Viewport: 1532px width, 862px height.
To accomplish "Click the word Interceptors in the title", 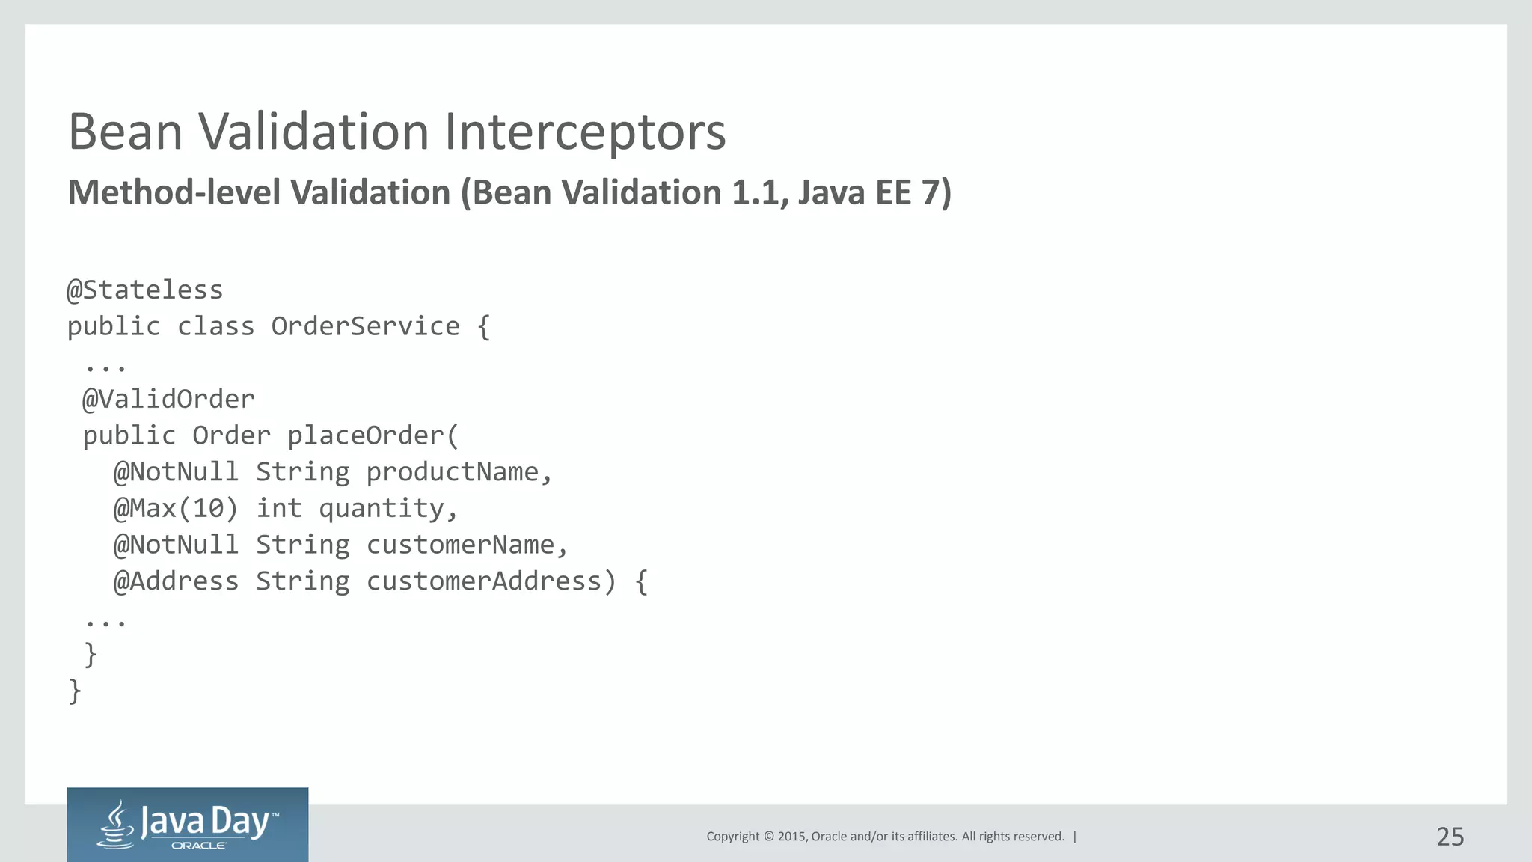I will [x=585, y=132].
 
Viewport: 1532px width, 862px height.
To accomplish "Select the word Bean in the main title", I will [x=125, y=132].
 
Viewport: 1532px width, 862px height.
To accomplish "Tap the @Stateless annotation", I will [x=145, y=290].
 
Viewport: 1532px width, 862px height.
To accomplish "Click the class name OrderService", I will [x=365, y=327].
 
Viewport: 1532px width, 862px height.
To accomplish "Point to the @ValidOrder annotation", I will [x=168, y=400].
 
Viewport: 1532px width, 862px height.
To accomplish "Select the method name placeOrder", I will [x=366, y=436].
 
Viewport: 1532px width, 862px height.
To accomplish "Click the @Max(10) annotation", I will [x=176, y=509].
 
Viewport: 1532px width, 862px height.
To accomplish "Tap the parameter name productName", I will [x=452, y=472].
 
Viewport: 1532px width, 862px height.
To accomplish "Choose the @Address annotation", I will [x=176, y=581].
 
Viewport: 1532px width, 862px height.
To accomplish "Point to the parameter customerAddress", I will [x=483, y=581].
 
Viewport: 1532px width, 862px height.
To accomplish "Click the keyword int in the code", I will [x=279, y=509].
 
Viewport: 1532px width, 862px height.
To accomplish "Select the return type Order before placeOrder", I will [x=231, y=436].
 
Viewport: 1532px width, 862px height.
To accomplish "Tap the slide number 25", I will [x=1450, y=837].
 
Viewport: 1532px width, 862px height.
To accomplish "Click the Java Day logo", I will [x=188, y=825].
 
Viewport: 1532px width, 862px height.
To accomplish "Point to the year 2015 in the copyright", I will [x=791, y=837].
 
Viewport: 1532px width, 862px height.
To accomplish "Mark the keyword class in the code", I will [x=215, y=327].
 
